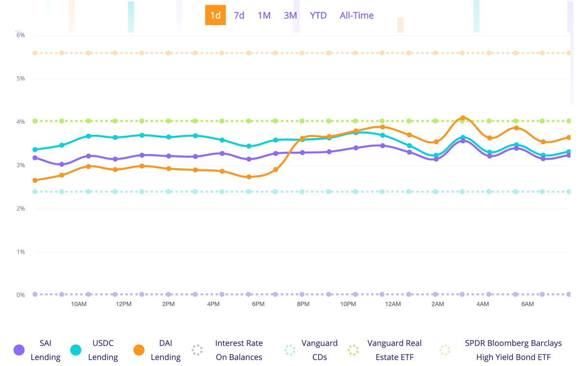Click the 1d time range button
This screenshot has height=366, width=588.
(215, 15)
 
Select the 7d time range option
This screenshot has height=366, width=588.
(239, 15)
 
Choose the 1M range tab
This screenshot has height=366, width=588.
(264, 15)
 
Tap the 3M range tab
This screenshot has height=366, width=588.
(290, 15)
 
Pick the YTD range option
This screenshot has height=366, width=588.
(318, 15)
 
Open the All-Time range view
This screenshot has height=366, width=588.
(357, 15)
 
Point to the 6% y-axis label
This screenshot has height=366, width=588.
(20, 35)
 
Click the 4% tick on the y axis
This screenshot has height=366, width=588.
(20, 122)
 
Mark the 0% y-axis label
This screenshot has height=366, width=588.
(20, 295)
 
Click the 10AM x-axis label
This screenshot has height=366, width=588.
(79, 304)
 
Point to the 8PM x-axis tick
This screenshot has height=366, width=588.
(303, 304)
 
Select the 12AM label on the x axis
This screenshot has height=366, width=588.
(393, 304)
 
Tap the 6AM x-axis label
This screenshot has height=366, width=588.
(527, 304)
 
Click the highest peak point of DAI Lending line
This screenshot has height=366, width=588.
(462, 118)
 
